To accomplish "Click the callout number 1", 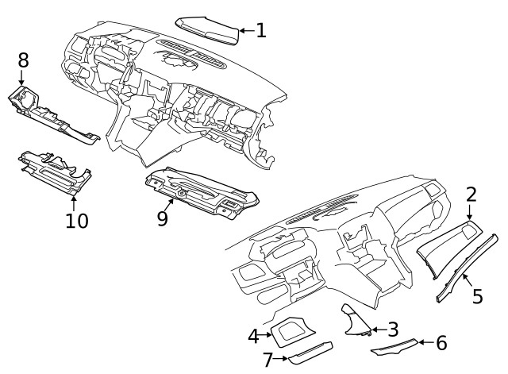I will pyautogui.click(x=260, y=31).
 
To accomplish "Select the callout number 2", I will pyautogui.click(x=471, y=195).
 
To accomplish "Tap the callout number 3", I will pyautogui.click(x=392, y=328).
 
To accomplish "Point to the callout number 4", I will pyautogui.click(x=253, y=336).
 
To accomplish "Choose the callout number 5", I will pyautogui.click(x=477, y=296).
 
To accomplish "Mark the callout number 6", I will pyautogui.click(x=441, y=343).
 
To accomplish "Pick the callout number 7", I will pyautogui.click(x=268, y=360).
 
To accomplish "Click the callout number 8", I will pyautogui.click(x=23, y=60).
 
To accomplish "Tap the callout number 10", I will pyautogui.click(x=77, y=220).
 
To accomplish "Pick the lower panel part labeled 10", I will pyautogui.click(x=56, y=170).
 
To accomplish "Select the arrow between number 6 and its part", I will pyautogui.click(x=425, y=343).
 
